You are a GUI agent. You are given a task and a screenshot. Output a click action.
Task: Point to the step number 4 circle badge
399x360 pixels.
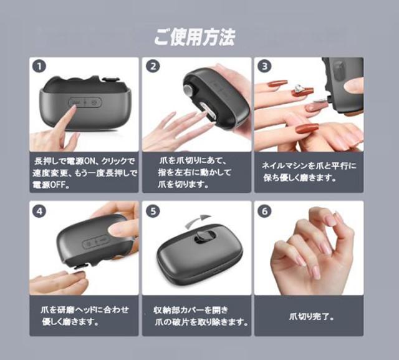click(x=39, y=211)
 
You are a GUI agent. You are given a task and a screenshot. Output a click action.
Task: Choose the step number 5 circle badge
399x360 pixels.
click(x=151, y=211)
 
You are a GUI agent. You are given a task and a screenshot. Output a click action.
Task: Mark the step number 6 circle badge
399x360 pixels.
click(x=264, y=211)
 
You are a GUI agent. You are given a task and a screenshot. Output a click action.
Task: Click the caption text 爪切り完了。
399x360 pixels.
click(x=312, y=316)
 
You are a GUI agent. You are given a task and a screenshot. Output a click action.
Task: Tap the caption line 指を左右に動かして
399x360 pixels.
click(x=195, y=173)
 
